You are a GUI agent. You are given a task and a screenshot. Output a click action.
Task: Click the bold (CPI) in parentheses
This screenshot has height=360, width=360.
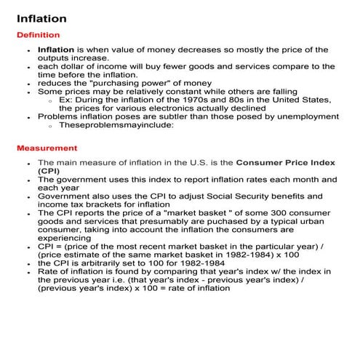(x=49, y=170)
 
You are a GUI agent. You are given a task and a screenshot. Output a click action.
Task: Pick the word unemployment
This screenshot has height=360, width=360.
(x=306, y=116)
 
